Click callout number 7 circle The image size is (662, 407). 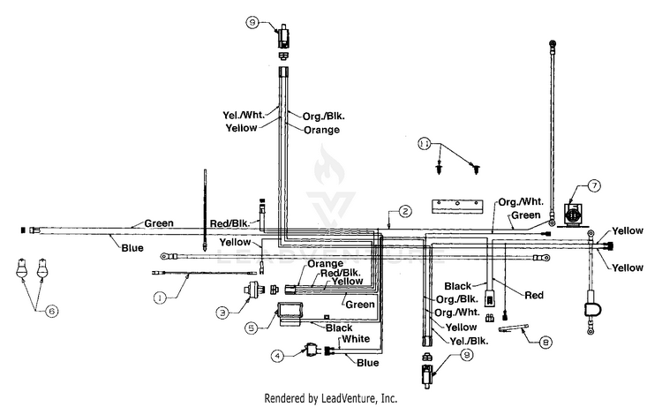pos(594,185)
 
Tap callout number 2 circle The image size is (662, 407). pos(405,211)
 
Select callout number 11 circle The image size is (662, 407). pos(425,144)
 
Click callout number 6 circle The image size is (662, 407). pos(52,311)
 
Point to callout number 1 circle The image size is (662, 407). pos(160,298)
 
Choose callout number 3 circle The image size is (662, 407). pos(223,313)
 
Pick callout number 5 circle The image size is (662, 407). pos(252,328)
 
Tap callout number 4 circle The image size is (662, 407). pos(277,357)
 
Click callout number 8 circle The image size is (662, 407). pos(545,342)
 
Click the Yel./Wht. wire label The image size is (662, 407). pos(244,115)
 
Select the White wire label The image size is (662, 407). pos(356,339)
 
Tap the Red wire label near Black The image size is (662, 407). pos(534,295)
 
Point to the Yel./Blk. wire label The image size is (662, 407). pos(469,341)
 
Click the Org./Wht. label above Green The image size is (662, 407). pos(521,202)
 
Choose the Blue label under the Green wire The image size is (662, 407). pos(132,248)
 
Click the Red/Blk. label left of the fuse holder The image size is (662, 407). pos(229,222)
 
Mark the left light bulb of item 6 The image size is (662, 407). pos(21,269)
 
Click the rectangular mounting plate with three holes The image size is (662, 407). pos(457,207)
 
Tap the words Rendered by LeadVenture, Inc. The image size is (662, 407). pos(331,398)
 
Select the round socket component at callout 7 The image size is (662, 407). pos(573,215)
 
